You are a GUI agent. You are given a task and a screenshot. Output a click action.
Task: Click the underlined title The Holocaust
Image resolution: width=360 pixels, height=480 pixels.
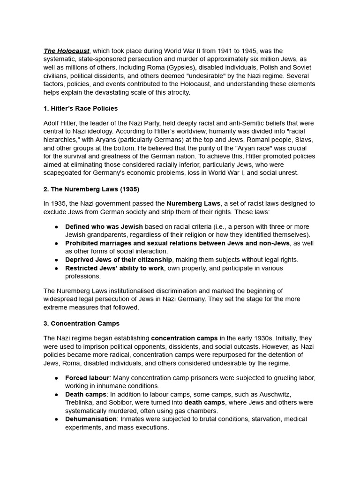coord(67,51)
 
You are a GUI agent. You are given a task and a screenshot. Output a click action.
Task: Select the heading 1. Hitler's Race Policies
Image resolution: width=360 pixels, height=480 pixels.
coord(81,108)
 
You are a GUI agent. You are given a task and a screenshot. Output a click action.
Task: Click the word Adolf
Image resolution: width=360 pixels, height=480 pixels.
coord(52,123)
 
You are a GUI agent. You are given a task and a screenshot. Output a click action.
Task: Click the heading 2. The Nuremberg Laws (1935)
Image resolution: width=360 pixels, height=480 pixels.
coord(91,189)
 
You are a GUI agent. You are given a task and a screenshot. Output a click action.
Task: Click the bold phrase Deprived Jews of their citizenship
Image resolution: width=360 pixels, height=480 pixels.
coord(119,260)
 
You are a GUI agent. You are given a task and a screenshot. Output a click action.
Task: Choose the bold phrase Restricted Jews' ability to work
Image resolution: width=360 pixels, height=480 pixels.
coord(115,268)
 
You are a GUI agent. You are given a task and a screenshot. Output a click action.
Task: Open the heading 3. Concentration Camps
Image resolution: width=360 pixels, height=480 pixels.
coord(82,323)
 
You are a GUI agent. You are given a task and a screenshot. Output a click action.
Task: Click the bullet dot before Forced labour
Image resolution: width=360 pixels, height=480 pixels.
coord(56,378)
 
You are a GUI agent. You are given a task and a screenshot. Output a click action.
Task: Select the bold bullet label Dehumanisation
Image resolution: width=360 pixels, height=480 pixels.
coord(91,419)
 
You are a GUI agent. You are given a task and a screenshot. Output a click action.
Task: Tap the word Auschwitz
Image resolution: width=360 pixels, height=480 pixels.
coord(284,394)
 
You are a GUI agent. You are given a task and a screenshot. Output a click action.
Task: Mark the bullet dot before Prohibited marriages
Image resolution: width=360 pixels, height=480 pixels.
coord(56,243)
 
